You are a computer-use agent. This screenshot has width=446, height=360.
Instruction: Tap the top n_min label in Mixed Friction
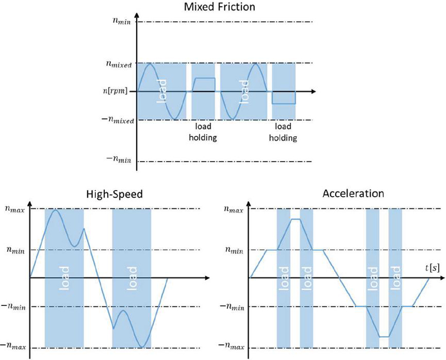click(121, 23)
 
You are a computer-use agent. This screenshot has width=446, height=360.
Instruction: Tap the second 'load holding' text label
click(283, 132)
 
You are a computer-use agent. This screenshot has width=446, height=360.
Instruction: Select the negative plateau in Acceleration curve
click(384, 337)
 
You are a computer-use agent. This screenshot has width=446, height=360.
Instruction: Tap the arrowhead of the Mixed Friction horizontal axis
click(314, 91)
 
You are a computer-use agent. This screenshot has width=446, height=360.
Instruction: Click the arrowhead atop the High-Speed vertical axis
click(31, 205)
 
